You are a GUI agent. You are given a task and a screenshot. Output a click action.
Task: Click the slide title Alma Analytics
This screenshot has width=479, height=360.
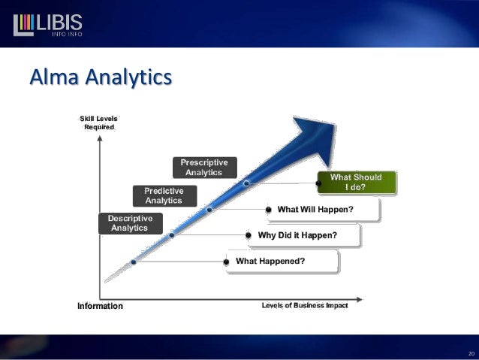(x=101, y=77)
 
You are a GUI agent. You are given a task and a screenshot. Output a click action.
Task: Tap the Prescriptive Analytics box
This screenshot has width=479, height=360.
(x=204, y=168)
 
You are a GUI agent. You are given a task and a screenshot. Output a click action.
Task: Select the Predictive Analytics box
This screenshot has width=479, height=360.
(x=164, y=196)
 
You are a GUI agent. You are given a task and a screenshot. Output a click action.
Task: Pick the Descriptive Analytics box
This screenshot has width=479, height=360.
(x=129, y=223)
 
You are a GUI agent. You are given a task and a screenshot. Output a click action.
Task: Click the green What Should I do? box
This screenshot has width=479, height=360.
(x=357, y=182)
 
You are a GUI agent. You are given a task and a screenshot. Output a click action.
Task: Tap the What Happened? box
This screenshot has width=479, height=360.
(x=281, y=262)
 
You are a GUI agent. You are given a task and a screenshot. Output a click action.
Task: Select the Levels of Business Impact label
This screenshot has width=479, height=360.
(x=304, y=306)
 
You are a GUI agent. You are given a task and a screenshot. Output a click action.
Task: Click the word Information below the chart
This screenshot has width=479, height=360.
(x=100, y=307)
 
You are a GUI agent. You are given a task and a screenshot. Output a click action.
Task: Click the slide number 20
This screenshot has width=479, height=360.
(x=471, y=352)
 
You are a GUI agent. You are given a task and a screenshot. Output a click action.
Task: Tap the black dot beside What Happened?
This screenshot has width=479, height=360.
(x=226, y=262)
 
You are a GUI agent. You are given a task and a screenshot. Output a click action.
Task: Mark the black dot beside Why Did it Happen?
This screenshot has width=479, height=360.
(x=249, y=235)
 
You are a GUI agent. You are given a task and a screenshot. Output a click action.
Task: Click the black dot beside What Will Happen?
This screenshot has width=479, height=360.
(x=269, y=209)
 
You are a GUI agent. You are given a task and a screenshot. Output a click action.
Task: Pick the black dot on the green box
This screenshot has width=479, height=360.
(x=319, y=182)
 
